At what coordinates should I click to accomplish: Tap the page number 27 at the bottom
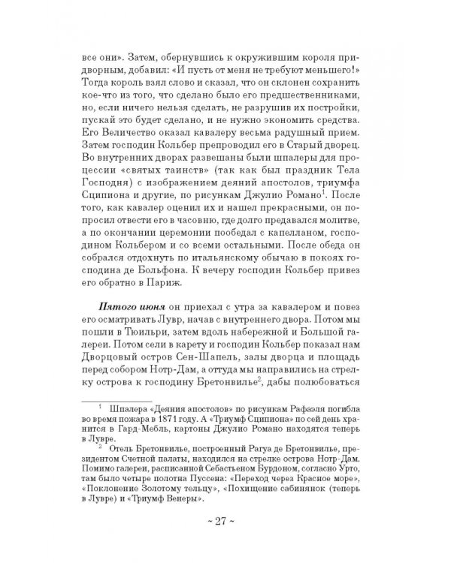coord(229,522)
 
